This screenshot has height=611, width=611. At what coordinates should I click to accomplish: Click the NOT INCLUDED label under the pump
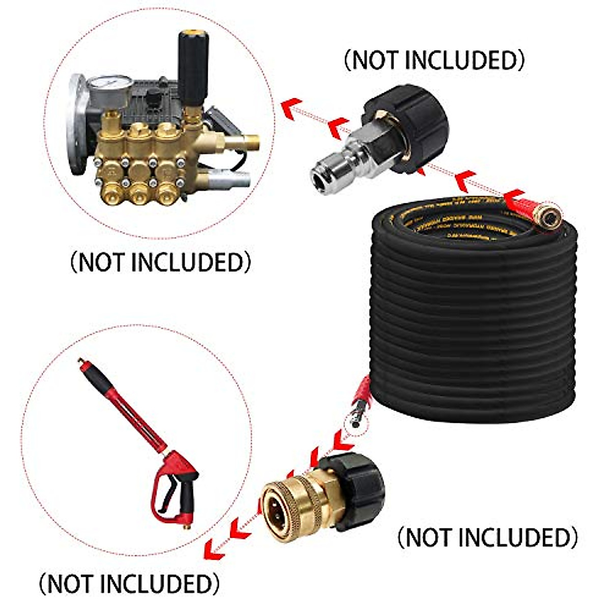coord(160,263)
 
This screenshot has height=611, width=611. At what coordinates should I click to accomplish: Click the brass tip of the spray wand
coord(80,362)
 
